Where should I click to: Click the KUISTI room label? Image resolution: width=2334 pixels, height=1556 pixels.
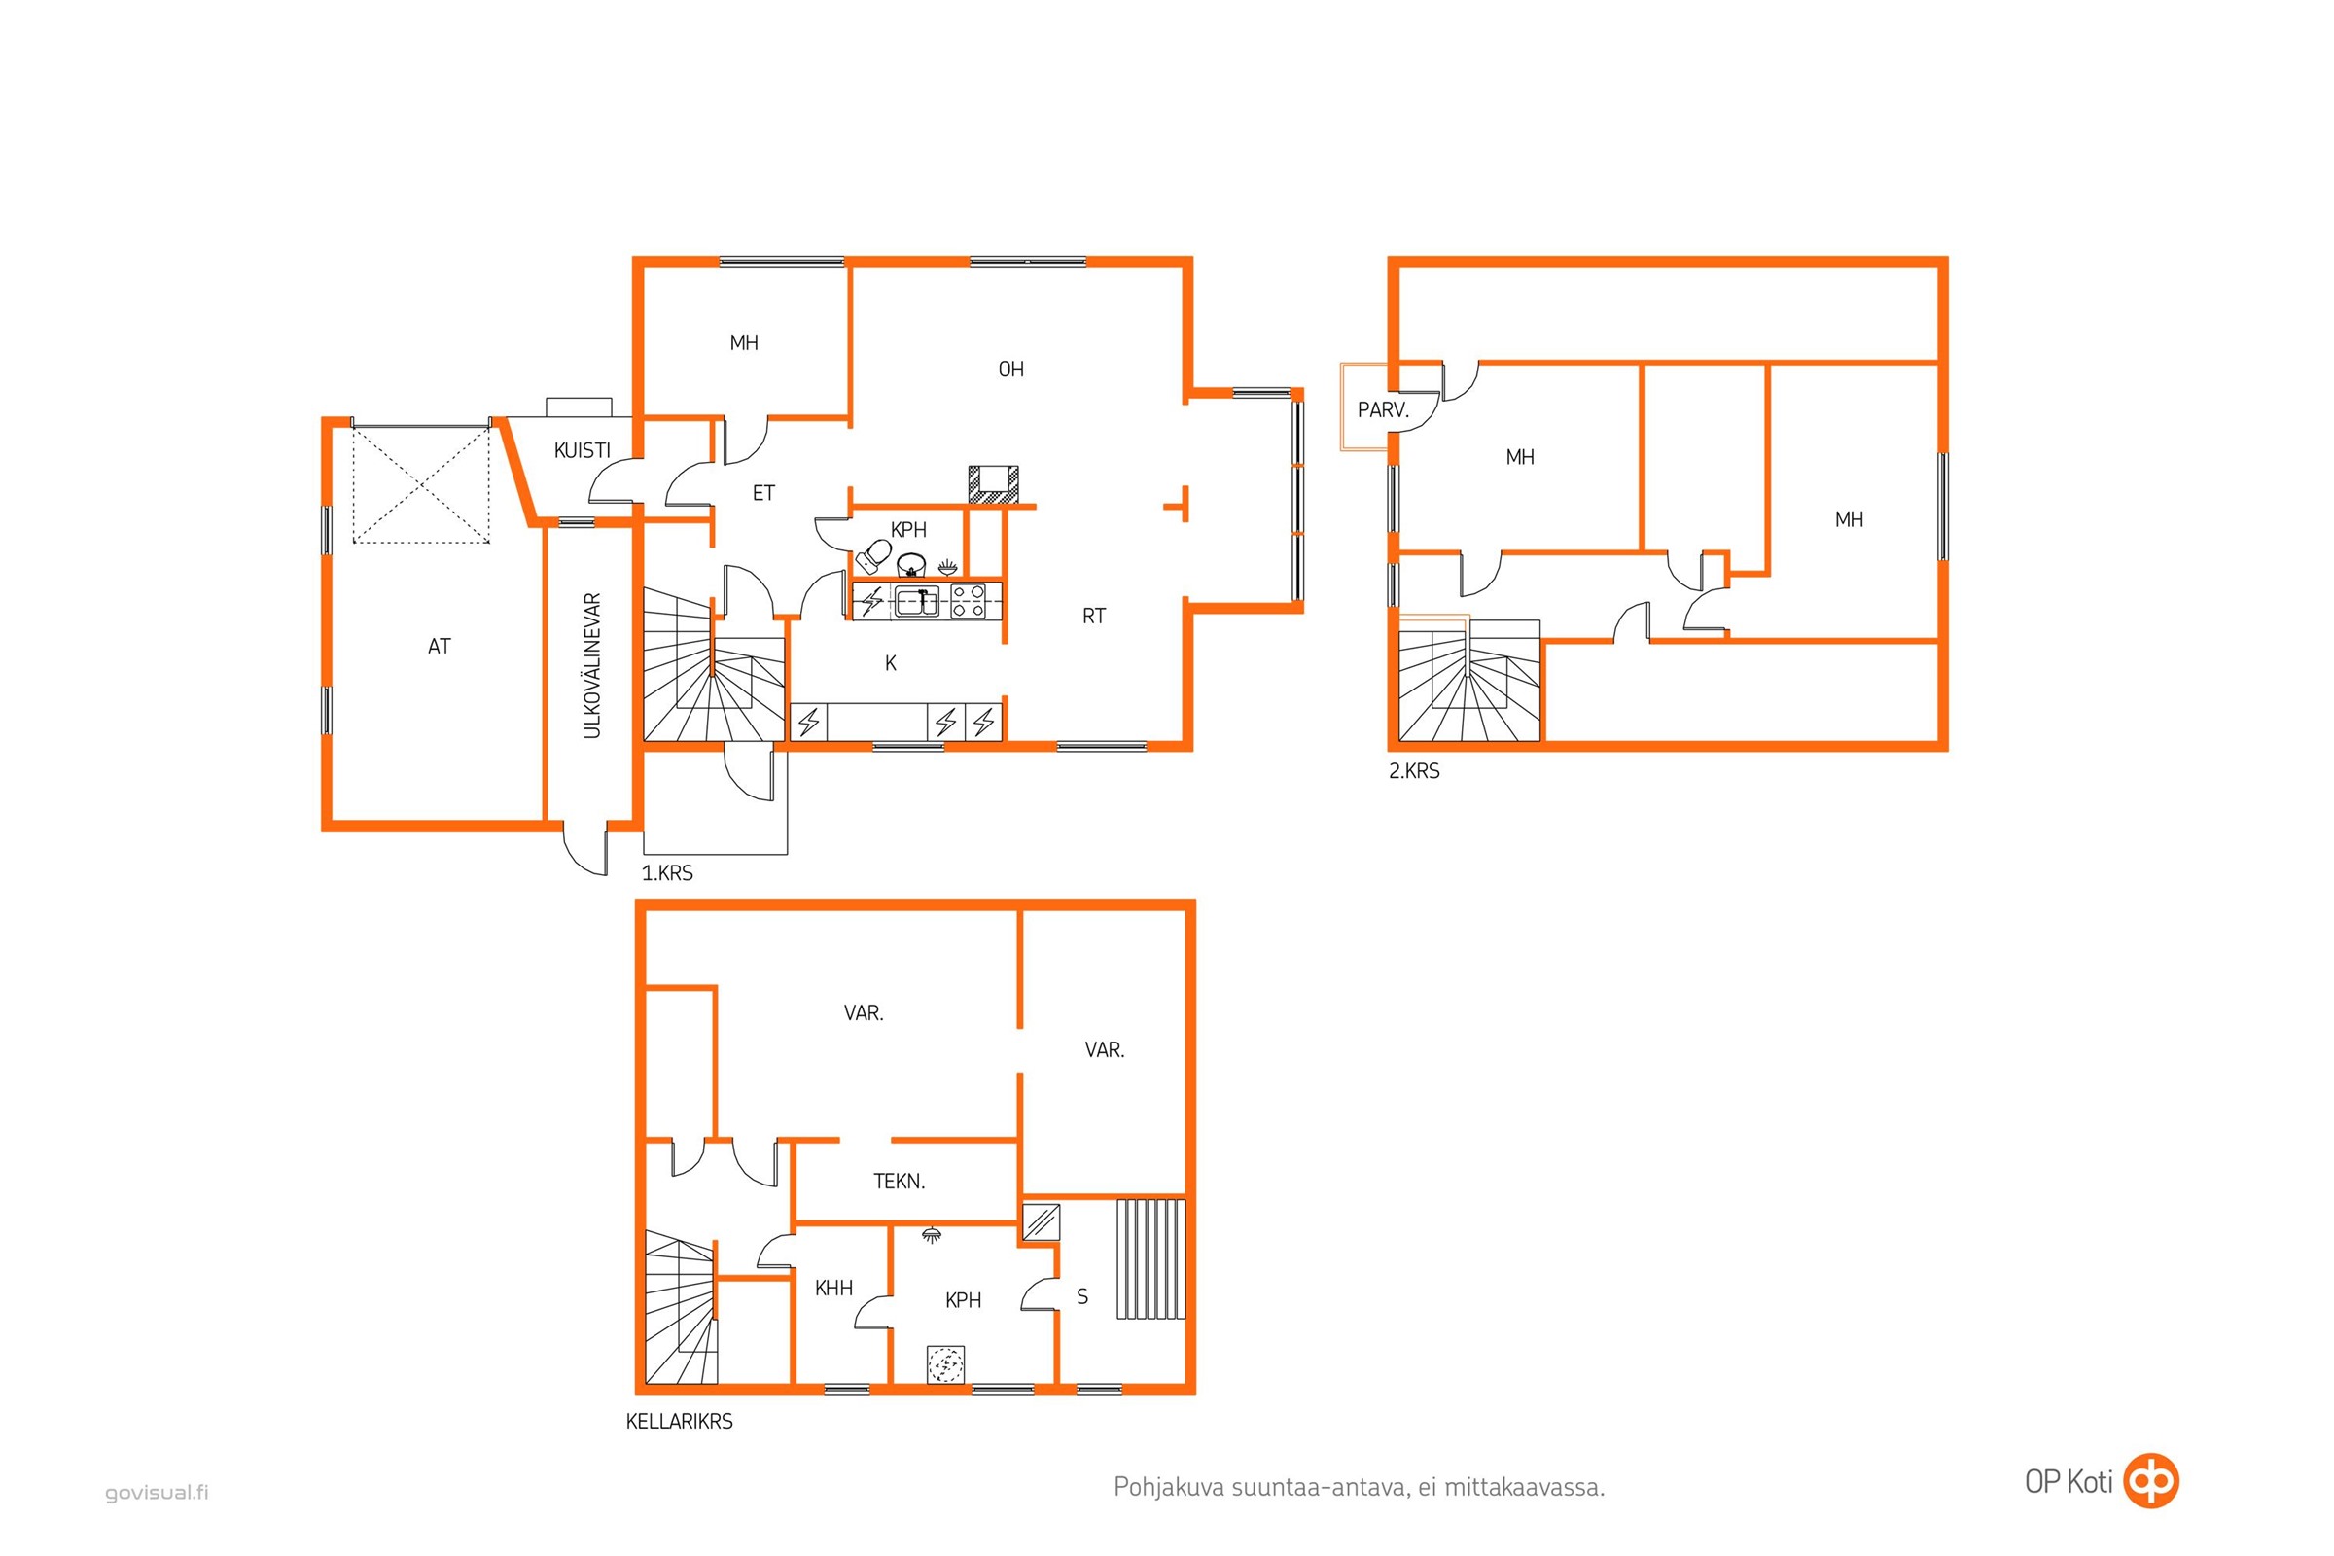click(582, 450)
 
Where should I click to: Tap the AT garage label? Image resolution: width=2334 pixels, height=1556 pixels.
click(439, 646)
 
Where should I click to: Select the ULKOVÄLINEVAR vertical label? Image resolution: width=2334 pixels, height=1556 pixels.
click(592, 665)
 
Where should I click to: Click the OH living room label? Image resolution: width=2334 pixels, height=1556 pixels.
click(1010, 370)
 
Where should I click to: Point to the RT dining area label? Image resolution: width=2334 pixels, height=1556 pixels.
click(1093, 617)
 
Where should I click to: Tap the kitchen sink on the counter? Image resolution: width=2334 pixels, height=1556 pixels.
click(917, 601)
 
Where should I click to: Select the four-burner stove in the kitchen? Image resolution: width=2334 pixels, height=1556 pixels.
click(969, 601)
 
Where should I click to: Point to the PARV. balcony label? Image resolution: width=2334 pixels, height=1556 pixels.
click(1383, 409)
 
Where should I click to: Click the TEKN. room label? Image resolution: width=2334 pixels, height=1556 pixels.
click(898, 1181)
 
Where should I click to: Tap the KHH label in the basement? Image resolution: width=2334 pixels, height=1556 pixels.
click(833, 1288)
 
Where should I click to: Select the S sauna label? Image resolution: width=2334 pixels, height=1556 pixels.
click(1081, 1296)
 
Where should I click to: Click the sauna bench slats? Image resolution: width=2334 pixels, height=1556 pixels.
click(1150, 1258)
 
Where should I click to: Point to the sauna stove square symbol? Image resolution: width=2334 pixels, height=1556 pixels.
click(1041, 1221)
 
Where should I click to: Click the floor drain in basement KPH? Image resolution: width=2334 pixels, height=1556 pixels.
click(944, 1364)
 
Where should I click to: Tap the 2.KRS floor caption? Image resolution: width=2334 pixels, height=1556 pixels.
click(1413, 771)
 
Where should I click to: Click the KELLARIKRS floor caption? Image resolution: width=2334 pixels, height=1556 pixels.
click(679, 1421)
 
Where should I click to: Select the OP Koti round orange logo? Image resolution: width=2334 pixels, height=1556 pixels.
click(2150, 1481)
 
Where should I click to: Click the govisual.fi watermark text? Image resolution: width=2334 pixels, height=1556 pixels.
click(157, 1493)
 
